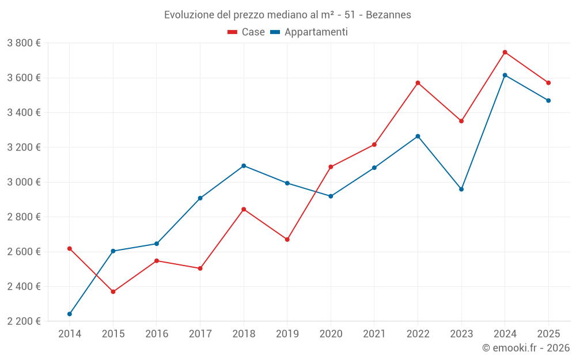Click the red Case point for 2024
pyautogui.click(x=505, y=52)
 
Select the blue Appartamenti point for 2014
pyautogui.click(x=70, y=314)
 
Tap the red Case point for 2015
pyautogui.click(x=113, y=292)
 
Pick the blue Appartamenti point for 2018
pyautogui.click(x=244, y=166)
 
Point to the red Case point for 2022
pyautogui.click(x=418, y=83)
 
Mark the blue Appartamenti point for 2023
pyautogui.click(x=461, y=189)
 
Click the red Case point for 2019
pyautogui.click(x=287, y=240)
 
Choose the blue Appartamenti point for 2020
pyautogui.click(x=331, y=196)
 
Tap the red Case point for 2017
pyautogui.click(x=200, y=268)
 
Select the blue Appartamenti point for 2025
pyautogui.click(x=548, y=101)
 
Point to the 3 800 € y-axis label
pyautogui.click(x=24, y=43)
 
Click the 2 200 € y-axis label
pyautogui.click(x=24, y=321)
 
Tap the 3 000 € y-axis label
pyautogui.click(x=24, y=182)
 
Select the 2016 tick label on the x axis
pyautogui.click(x=157, y=334)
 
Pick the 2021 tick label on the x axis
pyautogui.click(x=374, y=334)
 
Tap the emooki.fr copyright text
pyautogui.click(x=525, y=348)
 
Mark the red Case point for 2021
pyautogui.click(x=374, y=145)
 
